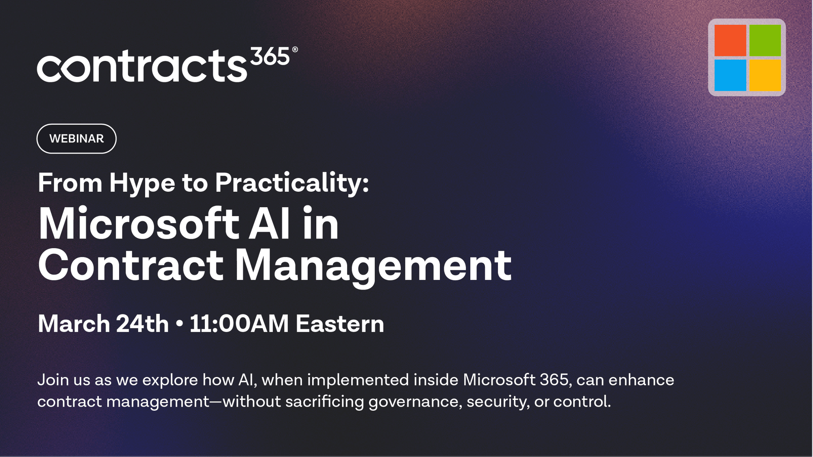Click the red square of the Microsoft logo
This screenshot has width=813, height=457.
tap(730, 40)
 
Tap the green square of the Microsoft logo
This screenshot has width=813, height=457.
tap(765, 40)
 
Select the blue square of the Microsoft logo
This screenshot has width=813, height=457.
tap(730, 75)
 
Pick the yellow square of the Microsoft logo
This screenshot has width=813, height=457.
tap(765, 75)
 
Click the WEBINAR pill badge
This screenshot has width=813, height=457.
tap(76, 139)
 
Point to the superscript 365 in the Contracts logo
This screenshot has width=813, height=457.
tap(270, 56)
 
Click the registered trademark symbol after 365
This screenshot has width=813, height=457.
tap(295, 50)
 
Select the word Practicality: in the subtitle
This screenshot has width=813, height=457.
tap(292, 184)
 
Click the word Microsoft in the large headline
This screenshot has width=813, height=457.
tap(138, 224)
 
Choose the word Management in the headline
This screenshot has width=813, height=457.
tap(373, 266)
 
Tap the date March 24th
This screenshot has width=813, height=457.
tap(103, 324)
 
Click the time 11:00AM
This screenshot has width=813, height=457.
tap(239, 324)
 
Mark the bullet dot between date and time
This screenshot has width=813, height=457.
tap(179, 325)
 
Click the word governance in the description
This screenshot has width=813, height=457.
tap(415, 402)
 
